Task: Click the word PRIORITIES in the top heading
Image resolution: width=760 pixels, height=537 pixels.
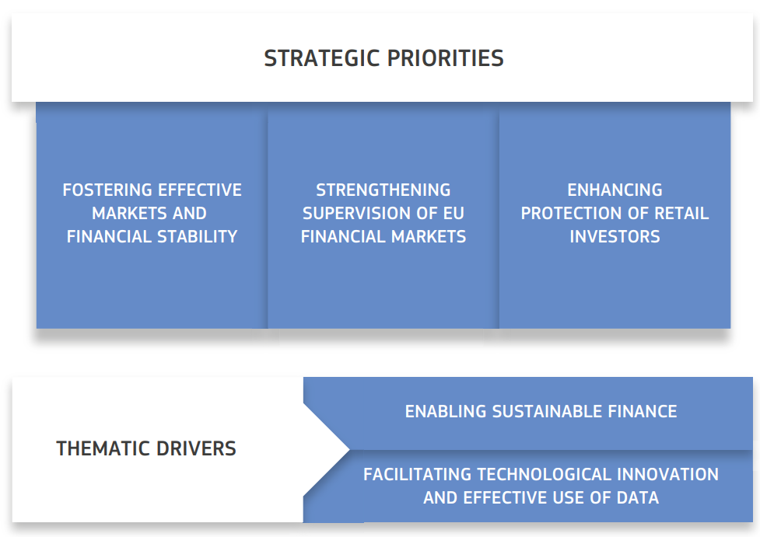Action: (x=446, y=58)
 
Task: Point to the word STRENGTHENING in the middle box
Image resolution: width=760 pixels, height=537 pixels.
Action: (x=384, y=190)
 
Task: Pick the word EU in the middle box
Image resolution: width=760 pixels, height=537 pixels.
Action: (x=454, y=213)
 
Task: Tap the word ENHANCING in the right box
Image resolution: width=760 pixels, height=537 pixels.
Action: (x=615, y=190)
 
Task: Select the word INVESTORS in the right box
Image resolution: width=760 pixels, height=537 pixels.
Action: (x=615, y=236)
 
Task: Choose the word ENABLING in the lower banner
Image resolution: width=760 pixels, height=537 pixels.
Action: (x=446, y=411)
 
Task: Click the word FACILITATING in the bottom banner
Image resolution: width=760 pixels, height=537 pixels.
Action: (x=417, y=474)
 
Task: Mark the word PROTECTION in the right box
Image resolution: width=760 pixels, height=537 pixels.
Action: (x=570, y=213)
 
